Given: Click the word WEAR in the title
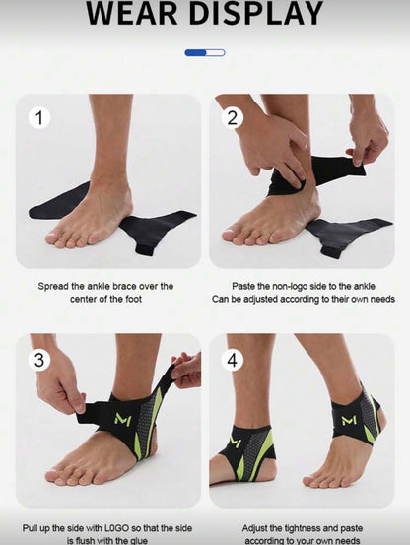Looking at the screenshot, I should [x=139, y=14].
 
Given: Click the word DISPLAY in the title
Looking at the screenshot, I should [x=254, y=14].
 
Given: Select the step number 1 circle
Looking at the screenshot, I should [x=40, y=118].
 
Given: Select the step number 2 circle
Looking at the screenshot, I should [x=234, y=118].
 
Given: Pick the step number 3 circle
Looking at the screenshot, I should [x=40, y=360].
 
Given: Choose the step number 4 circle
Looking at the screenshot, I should [x=234, y=360].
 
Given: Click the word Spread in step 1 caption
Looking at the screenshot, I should [x=53, y=286].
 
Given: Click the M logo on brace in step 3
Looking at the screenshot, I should [x=122, y=419].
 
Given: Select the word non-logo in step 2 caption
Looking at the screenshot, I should [x=297, y=286].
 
